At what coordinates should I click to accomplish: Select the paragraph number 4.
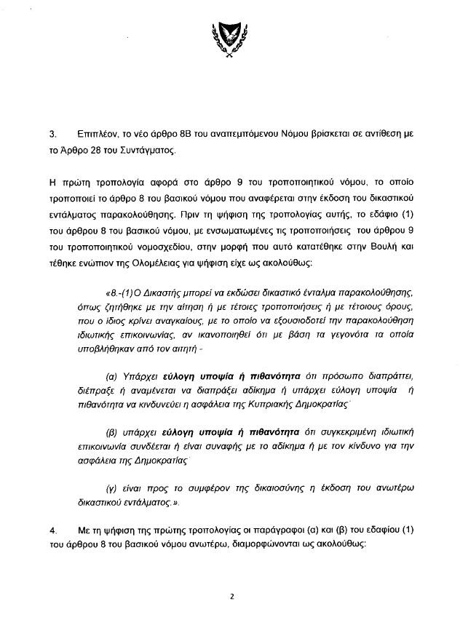[x=52, y=524]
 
